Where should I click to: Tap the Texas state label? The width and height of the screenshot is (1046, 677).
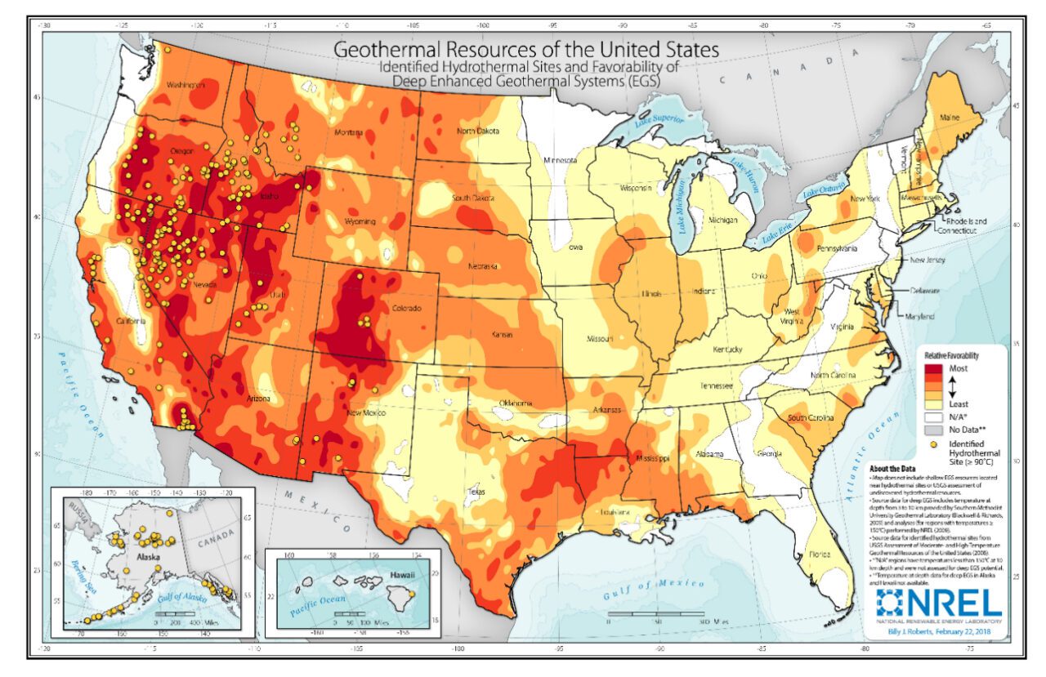pos(476,492)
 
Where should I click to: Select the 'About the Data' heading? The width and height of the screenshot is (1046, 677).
pos(892,469)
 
